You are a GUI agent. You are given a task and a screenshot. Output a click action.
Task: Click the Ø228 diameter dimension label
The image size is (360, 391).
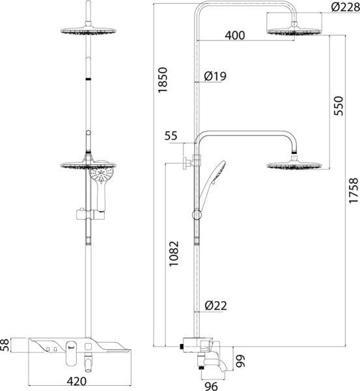345,7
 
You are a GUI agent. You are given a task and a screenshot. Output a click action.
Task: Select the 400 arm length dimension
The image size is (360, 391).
235,35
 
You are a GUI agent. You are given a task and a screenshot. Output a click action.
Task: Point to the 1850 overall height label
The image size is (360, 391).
163,80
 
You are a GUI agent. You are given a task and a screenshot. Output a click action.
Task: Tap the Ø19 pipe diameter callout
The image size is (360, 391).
215,76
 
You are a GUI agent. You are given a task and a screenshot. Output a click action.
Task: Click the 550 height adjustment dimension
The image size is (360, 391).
339,106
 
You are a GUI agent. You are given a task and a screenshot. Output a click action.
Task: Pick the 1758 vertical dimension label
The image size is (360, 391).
353,190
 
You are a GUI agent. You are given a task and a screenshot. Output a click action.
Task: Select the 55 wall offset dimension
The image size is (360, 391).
171,136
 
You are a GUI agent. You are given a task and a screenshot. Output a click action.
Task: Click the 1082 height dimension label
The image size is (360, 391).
174,253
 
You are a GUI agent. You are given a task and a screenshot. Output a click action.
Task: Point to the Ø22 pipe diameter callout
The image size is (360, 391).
215,306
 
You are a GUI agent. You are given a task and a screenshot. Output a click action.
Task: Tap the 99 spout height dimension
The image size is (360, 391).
240,361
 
